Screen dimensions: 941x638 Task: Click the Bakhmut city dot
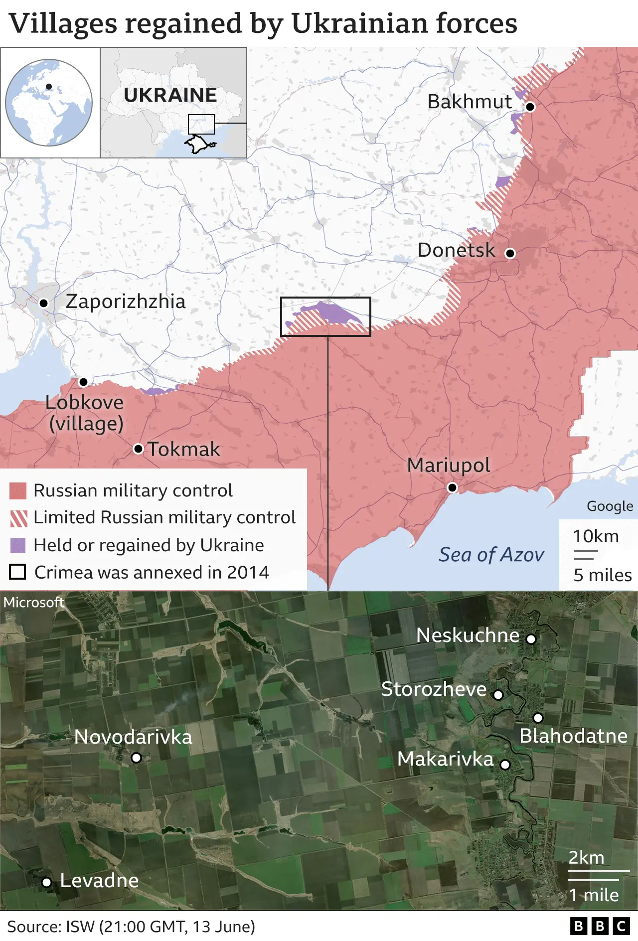point(530,107)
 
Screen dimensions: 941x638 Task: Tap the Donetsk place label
point(456,250)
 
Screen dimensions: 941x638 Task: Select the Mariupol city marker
point(452,487)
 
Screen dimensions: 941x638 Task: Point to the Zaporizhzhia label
point(126,302)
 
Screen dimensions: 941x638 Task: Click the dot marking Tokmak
point(138,449)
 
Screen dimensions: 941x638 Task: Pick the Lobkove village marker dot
point(83,382)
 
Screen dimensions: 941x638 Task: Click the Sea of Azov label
point(491,555)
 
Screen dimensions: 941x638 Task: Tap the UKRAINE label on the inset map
point(170,95)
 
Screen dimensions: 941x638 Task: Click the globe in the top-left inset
point(49,103)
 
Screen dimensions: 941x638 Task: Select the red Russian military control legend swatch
point(18,491)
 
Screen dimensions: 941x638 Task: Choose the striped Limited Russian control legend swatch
point(18,518)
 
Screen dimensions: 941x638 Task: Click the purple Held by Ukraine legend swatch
point(18,546)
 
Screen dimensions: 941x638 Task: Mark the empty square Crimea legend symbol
point(18,572)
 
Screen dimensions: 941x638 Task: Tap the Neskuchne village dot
point(531,639)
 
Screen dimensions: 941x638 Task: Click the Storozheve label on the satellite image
point(434,689)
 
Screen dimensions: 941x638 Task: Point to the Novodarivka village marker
point(136,758)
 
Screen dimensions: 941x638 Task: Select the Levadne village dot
point(46,883)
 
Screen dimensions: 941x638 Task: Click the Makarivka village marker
point(505,765)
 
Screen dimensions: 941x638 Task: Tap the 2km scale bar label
point(586,858)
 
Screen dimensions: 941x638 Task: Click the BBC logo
point(600,926)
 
